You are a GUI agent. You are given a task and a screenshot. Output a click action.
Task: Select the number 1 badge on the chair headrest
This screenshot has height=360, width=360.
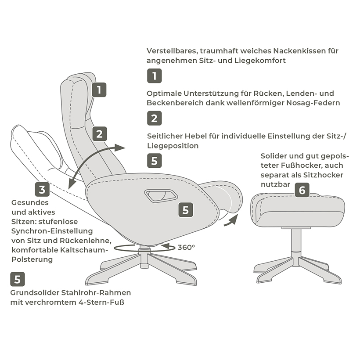tap(99, 90)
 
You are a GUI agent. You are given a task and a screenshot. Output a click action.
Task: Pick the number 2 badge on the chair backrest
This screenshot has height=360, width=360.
tap(100, 133)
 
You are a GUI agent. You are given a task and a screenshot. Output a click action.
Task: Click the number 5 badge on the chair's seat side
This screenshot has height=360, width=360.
tap(185, 209)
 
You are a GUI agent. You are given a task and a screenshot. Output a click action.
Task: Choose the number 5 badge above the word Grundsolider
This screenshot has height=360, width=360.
tap(17, 279)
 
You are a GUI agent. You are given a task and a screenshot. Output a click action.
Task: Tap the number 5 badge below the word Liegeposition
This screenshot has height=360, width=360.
tap(154, 160)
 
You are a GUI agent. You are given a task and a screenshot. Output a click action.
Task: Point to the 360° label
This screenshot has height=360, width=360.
tap(186, 248)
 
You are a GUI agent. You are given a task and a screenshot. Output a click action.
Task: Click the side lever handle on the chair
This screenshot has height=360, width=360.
tap(159, 195)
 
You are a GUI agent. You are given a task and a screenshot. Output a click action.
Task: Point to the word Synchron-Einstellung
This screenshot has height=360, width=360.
tap(52, 231)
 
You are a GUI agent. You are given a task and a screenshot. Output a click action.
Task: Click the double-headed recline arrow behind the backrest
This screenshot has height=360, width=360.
tap(97, 162)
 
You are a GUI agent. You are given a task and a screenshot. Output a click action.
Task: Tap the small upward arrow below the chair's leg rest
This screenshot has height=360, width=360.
tap(230, 220)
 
